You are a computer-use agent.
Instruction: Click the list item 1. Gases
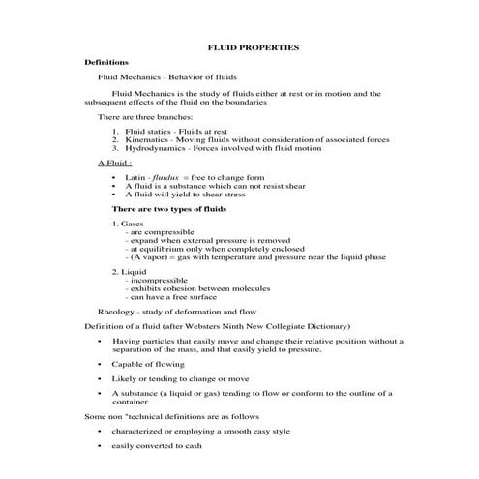128,224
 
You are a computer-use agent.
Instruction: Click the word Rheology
116,312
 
